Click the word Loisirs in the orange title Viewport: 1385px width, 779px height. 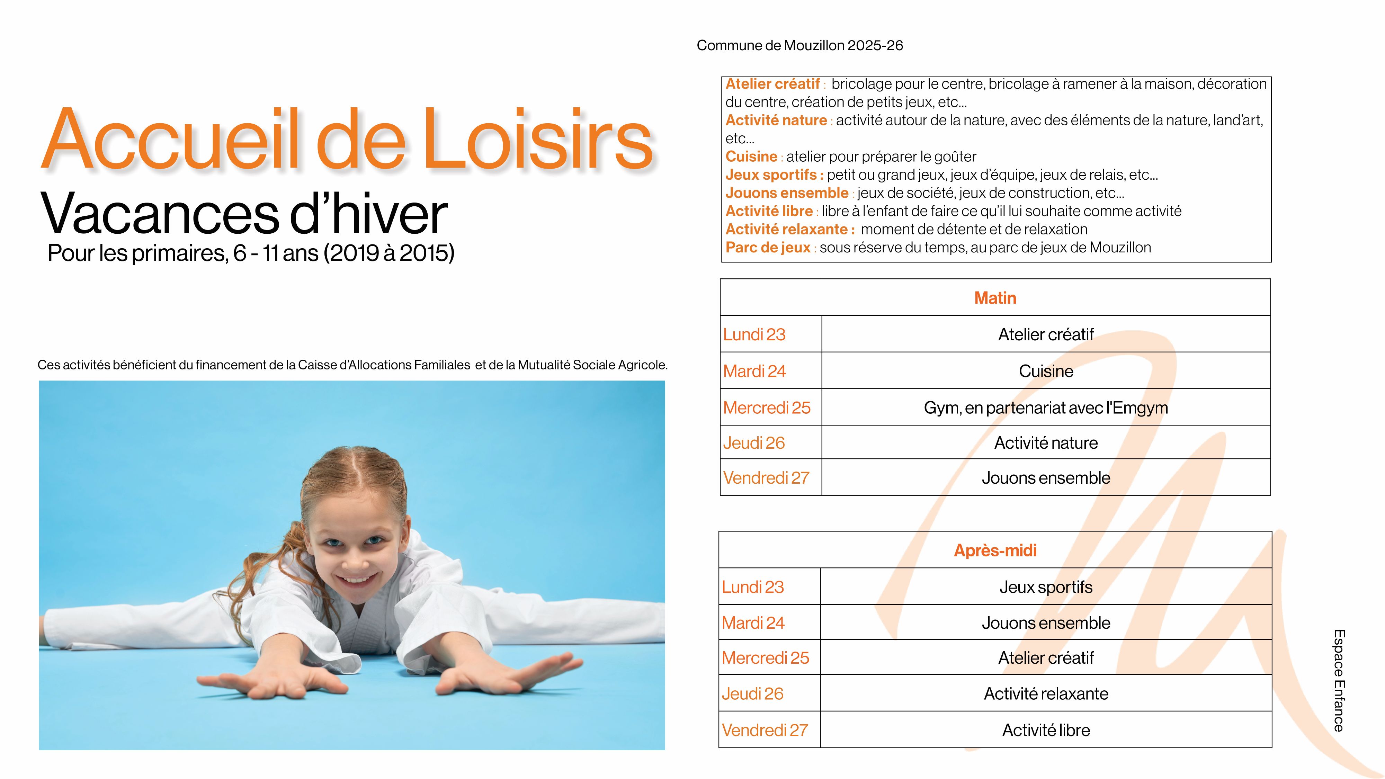coord(538,140)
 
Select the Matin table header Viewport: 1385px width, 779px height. coord(995,298)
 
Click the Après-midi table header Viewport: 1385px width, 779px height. coord(995,550)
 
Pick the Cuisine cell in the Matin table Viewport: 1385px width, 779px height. coord(1046,371)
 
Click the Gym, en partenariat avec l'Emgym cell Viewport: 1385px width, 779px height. coord(1046,408)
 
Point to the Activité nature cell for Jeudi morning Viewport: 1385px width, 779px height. coord(1046,443)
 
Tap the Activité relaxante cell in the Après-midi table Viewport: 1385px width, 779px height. coord(1046,693)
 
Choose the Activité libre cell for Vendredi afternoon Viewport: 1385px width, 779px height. coord(1046,730)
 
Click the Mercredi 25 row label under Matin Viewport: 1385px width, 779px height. coord(767,408)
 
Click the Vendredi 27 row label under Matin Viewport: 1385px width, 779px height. coord(766,477)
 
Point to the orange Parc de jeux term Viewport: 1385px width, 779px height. coord(768,247)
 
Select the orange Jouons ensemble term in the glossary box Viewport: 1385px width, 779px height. coord(787,192)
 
